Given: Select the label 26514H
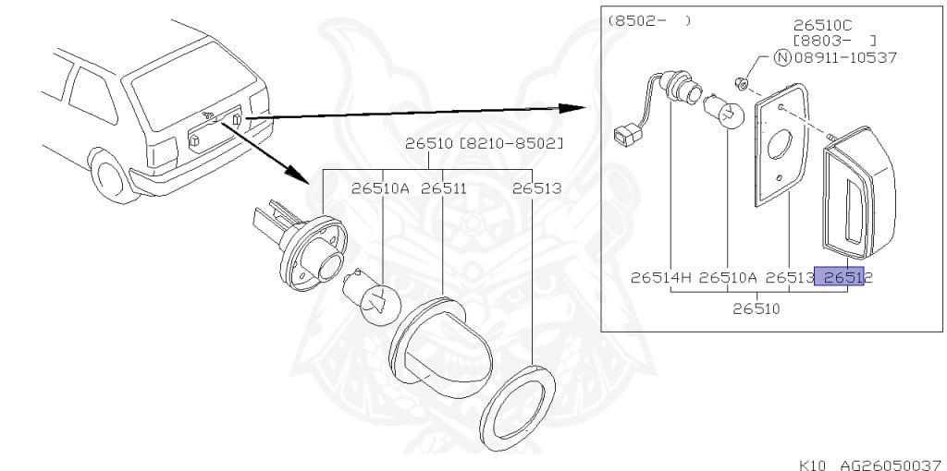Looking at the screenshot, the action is (661, 277).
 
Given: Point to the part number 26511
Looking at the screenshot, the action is (444, 188).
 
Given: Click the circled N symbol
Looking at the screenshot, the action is (782, 58).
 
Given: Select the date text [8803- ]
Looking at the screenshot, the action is (834, 41).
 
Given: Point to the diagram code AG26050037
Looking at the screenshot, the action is (891, 465).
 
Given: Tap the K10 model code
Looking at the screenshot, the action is (813, 465).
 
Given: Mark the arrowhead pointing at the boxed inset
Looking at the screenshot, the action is (572, 108).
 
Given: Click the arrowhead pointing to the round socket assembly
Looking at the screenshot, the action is (298, 173).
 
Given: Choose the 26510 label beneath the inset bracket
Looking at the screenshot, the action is (756, 308).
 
